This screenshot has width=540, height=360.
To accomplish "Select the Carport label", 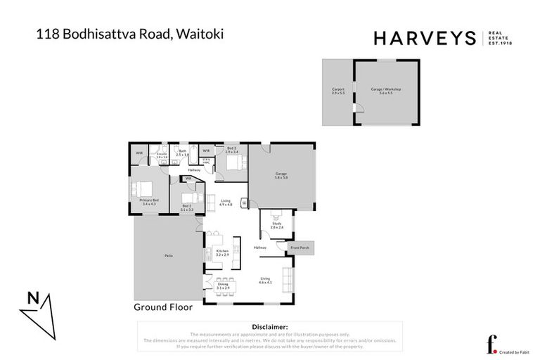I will click(337, 91).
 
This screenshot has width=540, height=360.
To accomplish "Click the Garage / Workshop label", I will click(385, 91).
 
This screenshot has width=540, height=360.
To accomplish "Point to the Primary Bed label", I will click(148, 202).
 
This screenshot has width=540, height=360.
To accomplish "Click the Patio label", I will click(169, 255).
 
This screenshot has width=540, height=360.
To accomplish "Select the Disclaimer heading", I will click(269, 327).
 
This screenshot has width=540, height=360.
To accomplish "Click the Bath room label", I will click(182, 152).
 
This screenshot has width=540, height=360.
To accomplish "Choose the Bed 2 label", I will click(186, 207).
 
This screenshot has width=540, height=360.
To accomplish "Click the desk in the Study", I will click(275, 214).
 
